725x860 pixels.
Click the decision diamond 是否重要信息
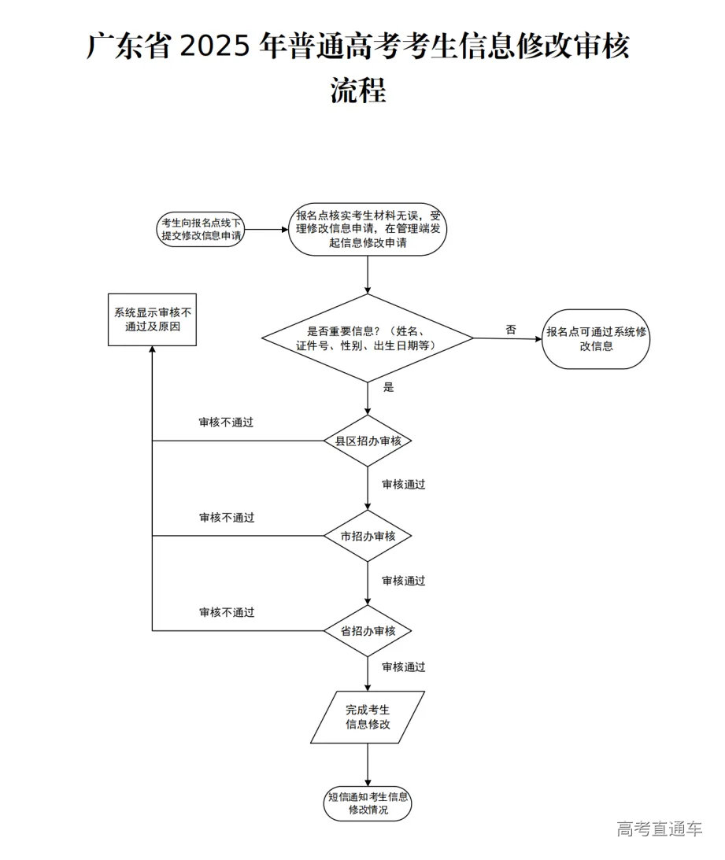click(368, 338)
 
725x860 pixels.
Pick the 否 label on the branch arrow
click(511, 330)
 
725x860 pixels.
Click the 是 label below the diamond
click(388, 387)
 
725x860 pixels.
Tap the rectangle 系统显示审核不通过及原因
click(152, 319)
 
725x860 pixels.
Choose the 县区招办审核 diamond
click(368, 441)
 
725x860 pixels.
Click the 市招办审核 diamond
click(368, 536)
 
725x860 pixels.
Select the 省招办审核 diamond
click(368, 631)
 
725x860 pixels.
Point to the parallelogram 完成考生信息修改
click(368, 717)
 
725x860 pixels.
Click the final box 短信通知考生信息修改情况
click(368, 803)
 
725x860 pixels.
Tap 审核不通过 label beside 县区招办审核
click(227, 423)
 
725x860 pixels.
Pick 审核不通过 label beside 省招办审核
click(227, 612)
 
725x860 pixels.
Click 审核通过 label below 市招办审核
click(404, 581)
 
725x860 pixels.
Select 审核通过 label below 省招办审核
click(404, 667)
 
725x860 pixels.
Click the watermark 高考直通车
click(660, 829)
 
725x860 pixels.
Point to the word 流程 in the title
click(358, 91)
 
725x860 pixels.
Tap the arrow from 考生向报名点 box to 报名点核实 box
click(266, 230)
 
